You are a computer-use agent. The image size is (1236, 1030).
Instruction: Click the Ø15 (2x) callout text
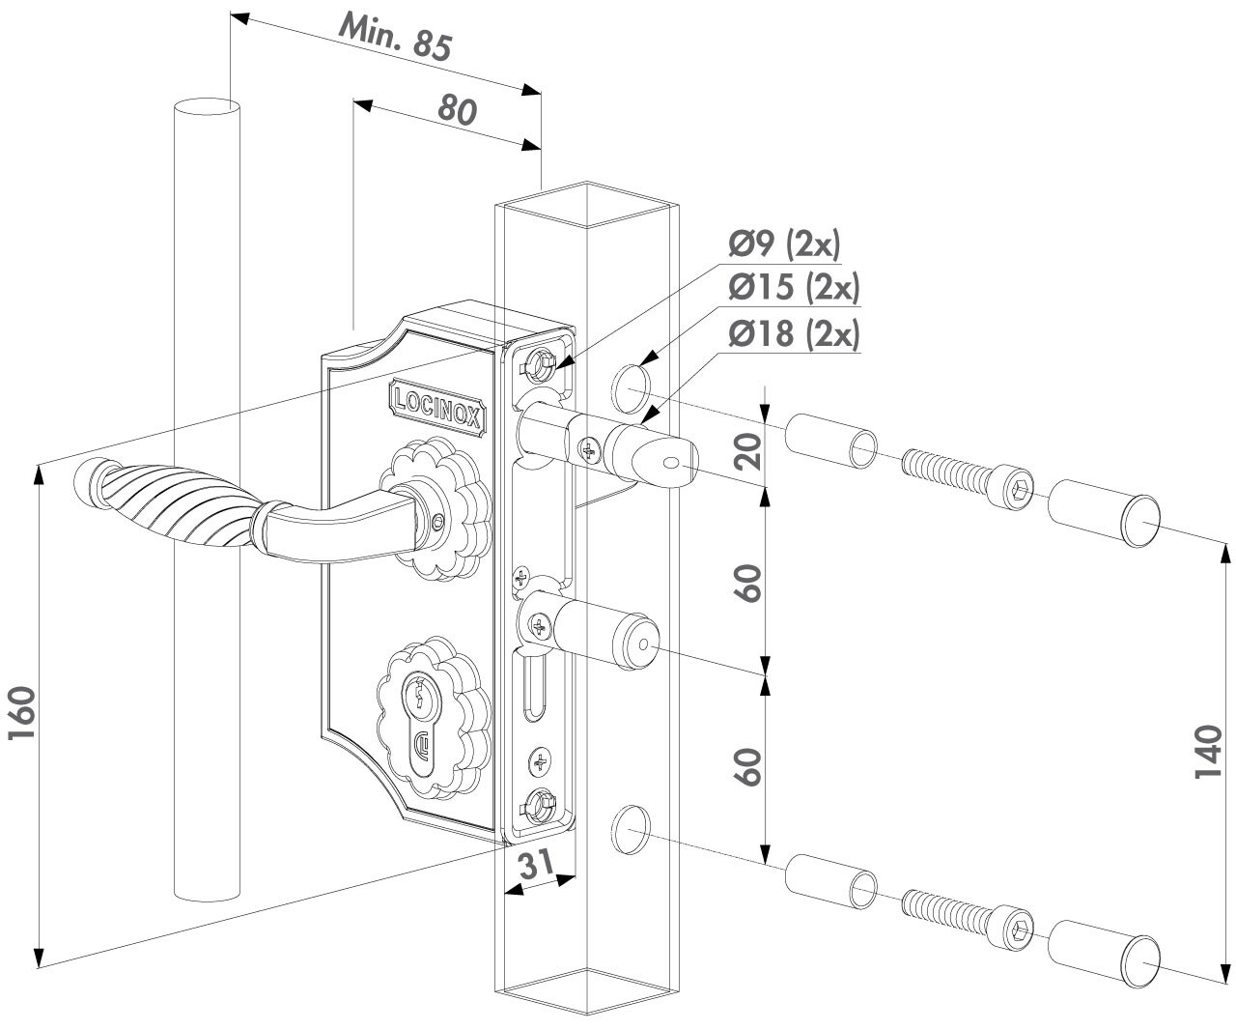pos(794,288)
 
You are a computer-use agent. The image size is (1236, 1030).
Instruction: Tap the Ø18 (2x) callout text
pos(794,333)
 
